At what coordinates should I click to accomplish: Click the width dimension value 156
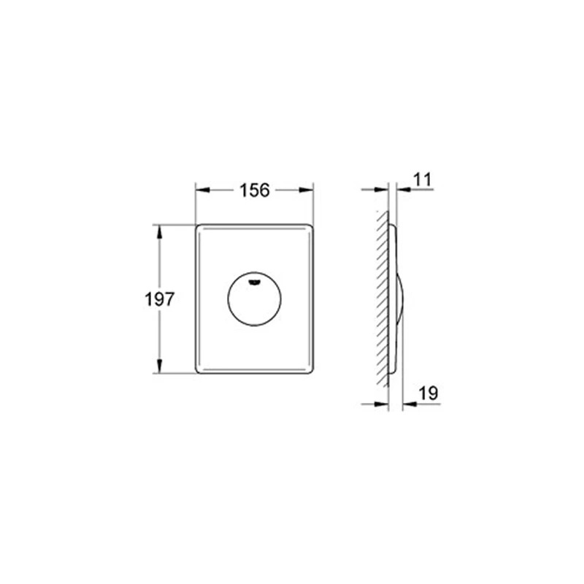point(255,190)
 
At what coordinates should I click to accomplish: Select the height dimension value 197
point(159,299)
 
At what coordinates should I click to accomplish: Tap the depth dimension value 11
point(422,179)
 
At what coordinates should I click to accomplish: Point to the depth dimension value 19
point(429,393)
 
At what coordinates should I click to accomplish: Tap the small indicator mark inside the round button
point(254,280)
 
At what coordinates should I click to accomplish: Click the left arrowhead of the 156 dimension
point(201,190)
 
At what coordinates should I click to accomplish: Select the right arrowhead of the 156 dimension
point(308,190)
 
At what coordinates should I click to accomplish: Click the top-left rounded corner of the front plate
point(199,227)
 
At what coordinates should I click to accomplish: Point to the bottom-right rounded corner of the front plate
point(310,370)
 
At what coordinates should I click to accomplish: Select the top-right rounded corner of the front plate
point(310,227)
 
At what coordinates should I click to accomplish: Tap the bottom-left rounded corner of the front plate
point(199,370)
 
